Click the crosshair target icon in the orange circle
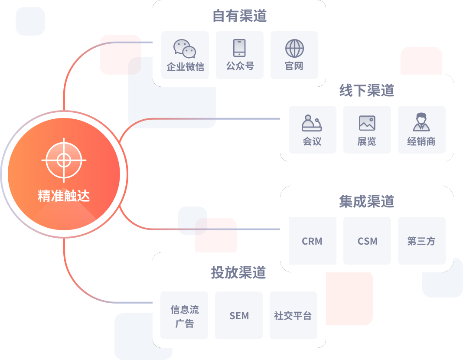coord(64,160)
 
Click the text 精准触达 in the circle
coord(64,196)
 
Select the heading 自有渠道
coord(239,16)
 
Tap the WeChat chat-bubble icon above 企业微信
coord(185,49)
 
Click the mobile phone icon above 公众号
coord(239,48)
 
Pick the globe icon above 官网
coord(294,48)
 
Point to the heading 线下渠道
coord(367,90)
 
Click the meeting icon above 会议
coord(312,123)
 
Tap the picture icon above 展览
coord(367,123)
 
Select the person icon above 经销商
coord(421,122)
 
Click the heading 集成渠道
coord(367,201)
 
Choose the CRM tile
coord(313,241)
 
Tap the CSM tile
coord(367,241)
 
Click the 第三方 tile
coord(422,241)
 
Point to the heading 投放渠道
coord(238,272)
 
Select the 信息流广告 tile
coord(184,315)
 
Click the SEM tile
coord(239,315)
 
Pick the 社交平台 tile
coord(293,315)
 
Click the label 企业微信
coord(186,67)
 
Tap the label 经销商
coord(421,141)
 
